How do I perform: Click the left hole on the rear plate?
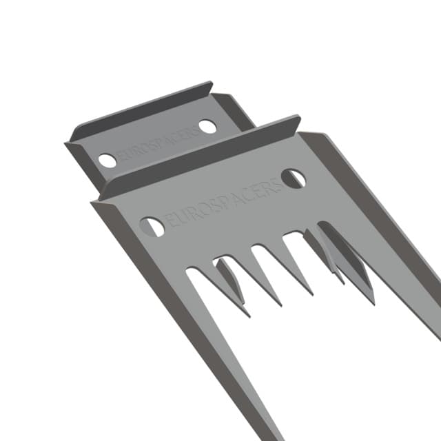[x=107, y=161]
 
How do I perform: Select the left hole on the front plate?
[x=152, y=226]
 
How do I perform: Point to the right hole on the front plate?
[x=294, y=178]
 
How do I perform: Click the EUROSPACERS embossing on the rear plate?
[x=158, y=144]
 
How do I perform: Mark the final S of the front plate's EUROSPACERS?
[x=278, y=185]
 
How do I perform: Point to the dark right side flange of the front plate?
[x=372, y=207]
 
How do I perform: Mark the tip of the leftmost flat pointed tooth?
[x=249, y=316]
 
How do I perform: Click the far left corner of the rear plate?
[x=67, y=144]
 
